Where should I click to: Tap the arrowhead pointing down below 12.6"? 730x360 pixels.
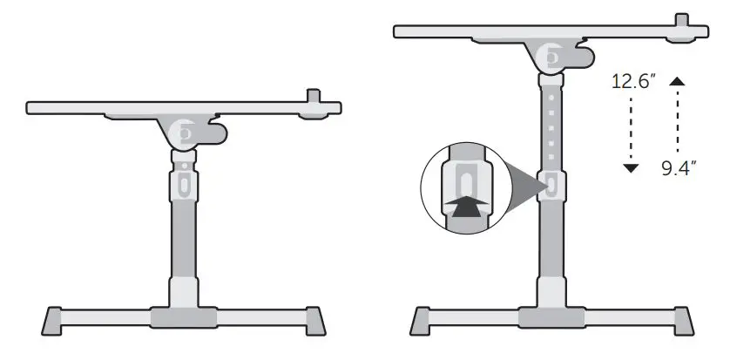632,167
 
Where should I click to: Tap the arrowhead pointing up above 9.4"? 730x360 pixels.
677,81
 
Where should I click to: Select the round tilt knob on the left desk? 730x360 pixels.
184,133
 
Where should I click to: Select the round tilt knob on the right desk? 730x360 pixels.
551,58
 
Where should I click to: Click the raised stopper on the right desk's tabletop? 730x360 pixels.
682,18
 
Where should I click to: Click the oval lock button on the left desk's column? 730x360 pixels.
183,185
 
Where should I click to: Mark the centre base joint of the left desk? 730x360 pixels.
183,316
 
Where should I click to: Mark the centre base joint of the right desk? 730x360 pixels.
551,317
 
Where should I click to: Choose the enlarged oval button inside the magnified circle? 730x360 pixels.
468,184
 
